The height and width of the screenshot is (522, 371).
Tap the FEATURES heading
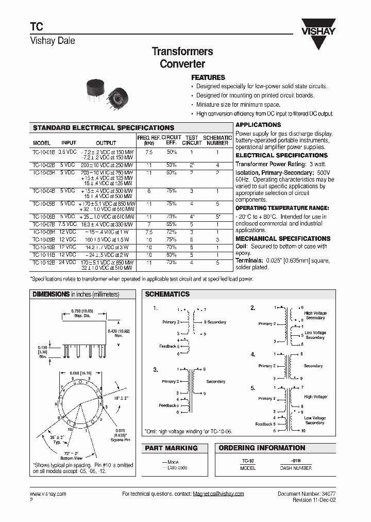[208, 77]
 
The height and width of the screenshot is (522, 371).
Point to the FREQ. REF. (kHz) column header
[148, 140]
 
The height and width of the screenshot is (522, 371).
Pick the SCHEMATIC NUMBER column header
[217, 140]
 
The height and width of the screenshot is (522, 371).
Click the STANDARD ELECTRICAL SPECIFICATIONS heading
[104, 127]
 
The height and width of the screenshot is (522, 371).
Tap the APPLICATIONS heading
[258, 125]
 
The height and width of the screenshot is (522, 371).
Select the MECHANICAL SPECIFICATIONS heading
[282, 239]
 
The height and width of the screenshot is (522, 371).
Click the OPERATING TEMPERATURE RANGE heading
[282, 208]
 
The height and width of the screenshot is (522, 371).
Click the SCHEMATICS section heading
[167, 294]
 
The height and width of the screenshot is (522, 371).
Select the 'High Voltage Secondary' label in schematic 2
[315, 316]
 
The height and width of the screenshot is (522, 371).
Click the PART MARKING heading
[171, 448]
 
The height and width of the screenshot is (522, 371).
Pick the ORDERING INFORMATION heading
[262, 448]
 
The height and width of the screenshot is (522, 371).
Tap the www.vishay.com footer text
[48, 494]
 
